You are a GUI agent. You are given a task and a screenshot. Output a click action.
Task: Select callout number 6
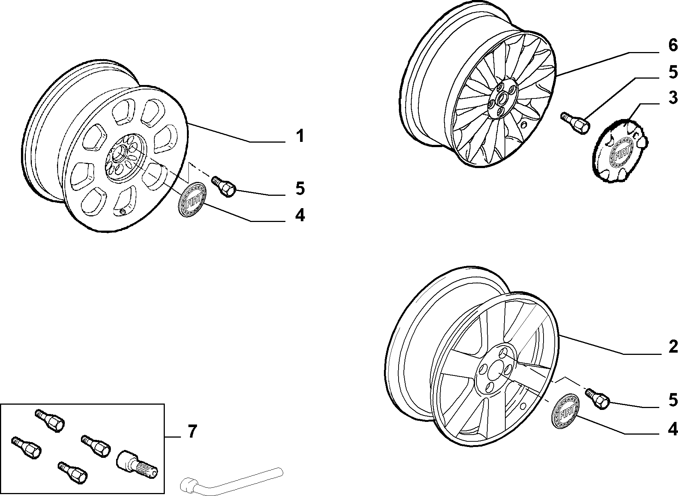(673, 46)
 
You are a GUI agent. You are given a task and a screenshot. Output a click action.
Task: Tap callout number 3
(673, 98)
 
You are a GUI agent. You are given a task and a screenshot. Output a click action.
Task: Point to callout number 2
(673, 347)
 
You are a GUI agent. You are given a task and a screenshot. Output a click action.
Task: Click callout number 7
(191, 432)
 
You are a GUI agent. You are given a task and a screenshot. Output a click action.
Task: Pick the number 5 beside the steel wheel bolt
(300, 188)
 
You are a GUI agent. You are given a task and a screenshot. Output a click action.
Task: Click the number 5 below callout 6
(673, 72)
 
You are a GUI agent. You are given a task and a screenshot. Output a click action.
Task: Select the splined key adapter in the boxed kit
(137, 463)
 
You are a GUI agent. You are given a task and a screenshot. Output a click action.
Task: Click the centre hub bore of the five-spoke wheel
(493, 368)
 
